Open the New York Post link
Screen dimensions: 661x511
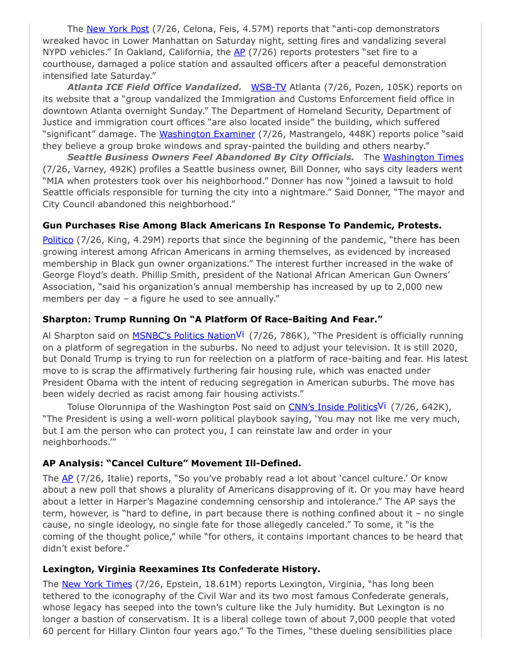pos(117,29)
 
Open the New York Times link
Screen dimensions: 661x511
pos(96,584)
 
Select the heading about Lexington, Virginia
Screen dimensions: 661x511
pos(181,569)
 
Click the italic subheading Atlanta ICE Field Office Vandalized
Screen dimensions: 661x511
pos(154,87)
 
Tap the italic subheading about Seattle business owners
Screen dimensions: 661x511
pos(210,157)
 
